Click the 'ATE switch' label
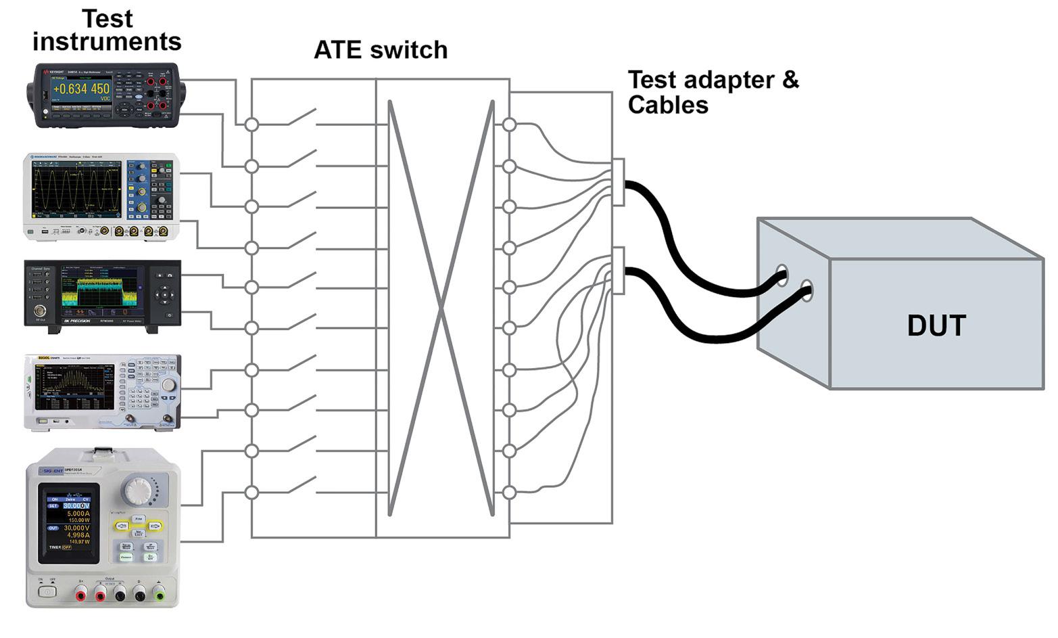tap(381, 50)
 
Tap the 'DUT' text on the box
tap(936, 325)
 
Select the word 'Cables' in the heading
tap(668, 105)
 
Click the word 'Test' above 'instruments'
tap(107, 18)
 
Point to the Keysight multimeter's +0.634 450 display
tap(81, 89)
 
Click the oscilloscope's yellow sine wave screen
tap(75, 189)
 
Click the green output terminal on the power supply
tap(160, 595)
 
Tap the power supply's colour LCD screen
tap(68, 523)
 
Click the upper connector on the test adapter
tap(618, 182)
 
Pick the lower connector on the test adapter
tap(618, 271)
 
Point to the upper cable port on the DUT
tap(782, 275)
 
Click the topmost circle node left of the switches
tap(251, 124)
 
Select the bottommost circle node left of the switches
tap(251, 493)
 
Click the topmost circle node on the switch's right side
tap(509, 124)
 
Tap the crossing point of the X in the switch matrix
tap(441, 309)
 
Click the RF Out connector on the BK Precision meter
tap(40, 311)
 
